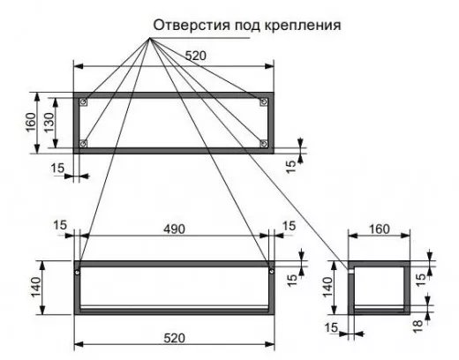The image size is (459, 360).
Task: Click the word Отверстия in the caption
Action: click(x=192, y=26)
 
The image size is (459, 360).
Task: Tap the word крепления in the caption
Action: click(x=303, y=26)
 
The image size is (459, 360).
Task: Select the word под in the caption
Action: click(x=247, y=26)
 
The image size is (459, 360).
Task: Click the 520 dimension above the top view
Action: click(x=196, y=56)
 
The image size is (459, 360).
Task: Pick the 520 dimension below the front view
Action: click(x=174, y=338)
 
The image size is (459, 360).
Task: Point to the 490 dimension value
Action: click(x=174, y=229)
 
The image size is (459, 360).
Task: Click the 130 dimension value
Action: click(x=49, y=123)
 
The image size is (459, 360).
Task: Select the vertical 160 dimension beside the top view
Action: click(x=31, y=123)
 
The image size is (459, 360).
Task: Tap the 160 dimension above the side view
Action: click(x=379, y=229)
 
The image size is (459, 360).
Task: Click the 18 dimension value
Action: click(x=418, y=326)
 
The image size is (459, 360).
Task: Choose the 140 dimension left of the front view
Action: click(x=36, y=288)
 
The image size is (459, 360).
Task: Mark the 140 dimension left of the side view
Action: click(x=327, y=288)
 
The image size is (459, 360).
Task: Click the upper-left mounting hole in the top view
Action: click(x=84, y=101)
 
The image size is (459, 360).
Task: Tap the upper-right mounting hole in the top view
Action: click(x=264, y=101)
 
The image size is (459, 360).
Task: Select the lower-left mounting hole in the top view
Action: click(x=84, y=144)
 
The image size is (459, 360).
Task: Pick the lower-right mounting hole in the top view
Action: click(x=264, y=144)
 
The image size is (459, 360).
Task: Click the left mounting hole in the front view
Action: click(x=77, y=272)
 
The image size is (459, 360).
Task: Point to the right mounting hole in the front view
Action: click(x=271, y=271)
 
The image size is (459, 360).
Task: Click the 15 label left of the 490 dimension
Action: click(x=60, y=226)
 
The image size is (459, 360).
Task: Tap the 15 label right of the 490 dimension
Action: click(x=289, y=226)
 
